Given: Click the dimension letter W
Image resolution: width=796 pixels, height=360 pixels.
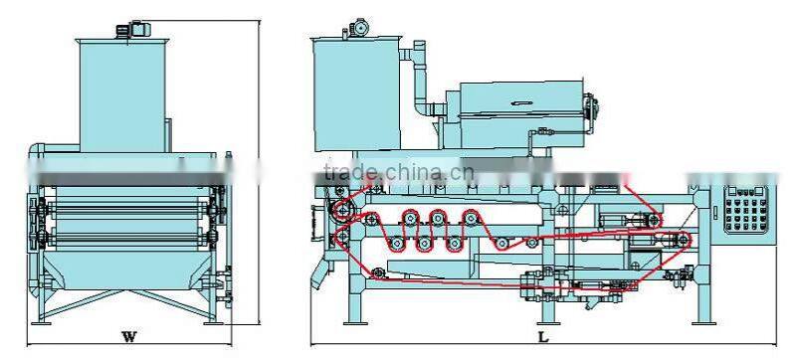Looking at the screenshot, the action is click(129, 336).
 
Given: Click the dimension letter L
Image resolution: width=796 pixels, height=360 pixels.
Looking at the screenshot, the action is click(543, 337).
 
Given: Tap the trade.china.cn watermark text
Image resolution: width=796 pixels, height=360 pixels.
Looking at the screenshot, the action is click(399, 173).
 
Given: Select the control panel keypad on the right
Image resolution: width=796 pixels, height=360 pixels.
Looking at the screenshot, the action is click(745, 210).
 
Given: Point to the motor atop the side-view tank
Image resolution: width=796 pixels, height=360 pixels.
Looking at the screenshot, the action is click(358, 28).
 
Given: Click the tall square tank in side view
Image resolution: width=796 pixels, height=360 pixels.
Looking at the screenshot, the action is click(356, 94).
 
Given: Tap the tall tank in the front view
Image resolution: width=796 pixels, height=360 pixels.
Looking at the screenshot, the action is click(121, 95).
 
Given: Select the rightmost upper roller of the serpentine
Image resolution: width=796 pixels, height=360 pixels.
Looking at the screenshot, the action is click(471, 219).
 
